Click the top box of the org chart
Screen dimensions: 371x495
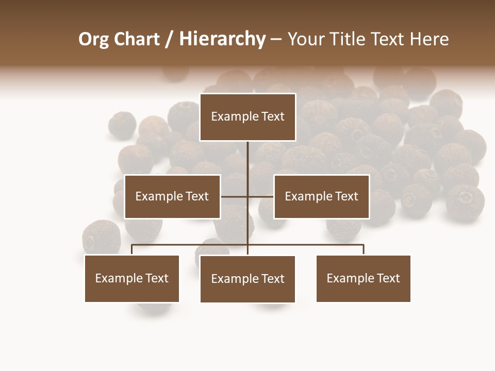point(247,117)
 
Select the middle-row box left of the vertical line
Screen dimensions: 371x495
point(172,196)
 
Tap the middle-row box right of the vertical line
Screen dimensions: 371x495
point(321,196)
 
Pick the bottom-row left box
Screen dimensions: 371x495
point(131,278)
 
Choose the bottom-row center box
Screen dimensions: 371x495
point(247,279)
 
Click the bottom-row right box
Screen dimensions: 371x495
point(363,278)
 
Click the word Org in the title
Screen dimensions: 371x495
point(93,39)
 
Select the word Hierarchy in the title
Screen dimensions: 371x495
point(222,39)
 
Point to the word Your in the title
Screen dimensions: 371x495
point(306,39)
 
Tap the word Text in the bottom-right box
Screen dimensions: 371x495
point(388,278)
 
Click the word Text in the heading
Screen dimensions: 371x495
point(387,39)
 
